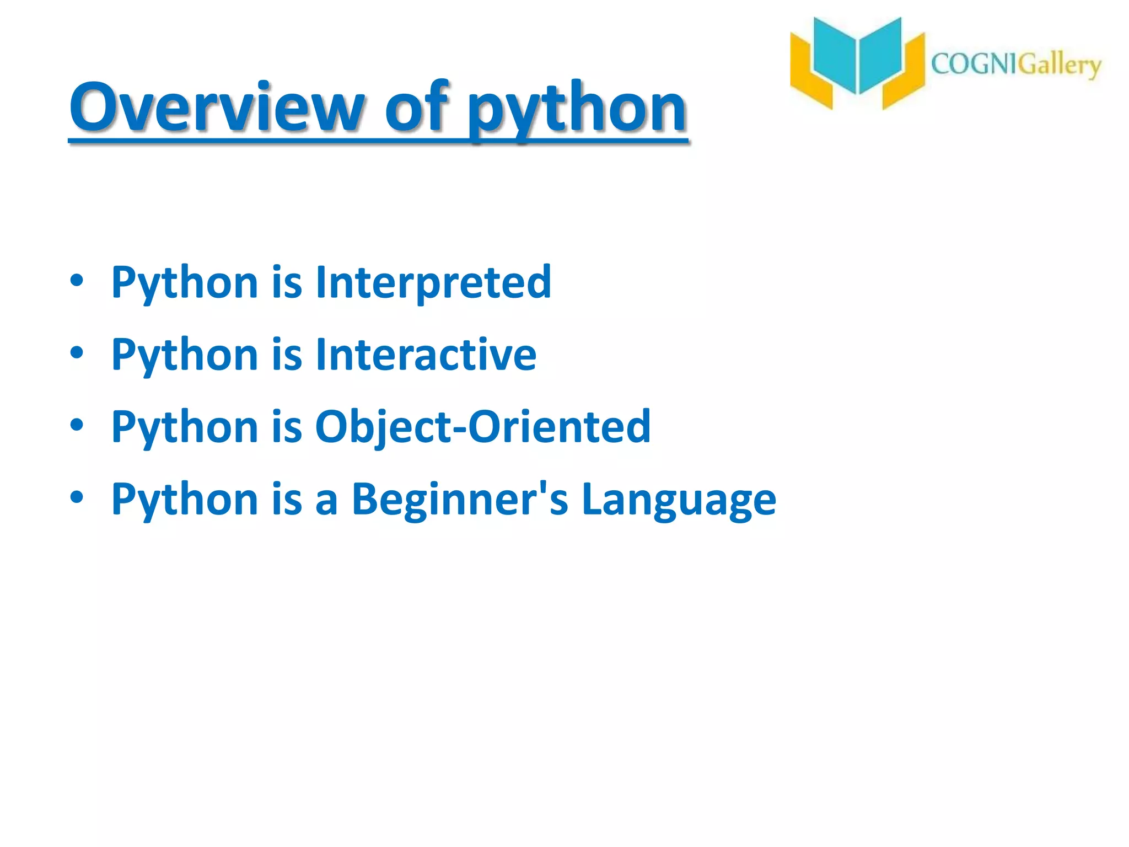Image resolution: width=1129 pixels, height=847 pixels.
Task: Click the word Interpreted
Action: click(x=433, y=282)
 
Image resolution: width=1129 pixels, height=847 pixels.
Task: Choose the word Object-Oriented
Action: click(x=483, y=426)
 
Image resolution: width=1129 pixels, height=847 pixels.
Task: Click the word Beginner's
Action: click(x=460, y=499)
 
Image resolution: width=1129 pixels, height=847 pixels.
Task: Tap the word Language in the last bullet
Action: click(x=679, y=499)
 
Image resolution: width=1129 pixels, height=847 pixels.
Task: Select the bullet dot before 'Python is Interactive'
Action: click(x=77, y=352)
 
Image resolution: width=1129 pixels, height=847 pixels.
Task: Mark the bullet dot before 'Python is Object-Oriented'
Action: click(x=77, y=425)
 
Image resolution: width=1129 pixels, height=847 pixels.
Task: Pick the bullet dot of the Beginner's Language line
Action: click(x=77, y=497)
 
